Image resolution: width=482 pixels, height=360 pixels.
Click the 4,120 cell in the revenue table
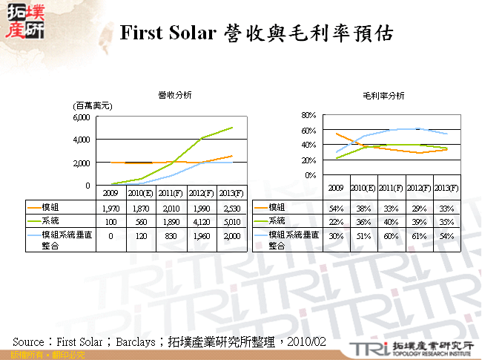(202, 220)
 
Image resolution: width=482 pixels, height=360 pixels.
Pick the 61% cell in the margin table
(420, 235)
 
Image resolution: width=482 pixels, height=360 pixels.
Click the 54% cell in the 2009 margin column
(335, 207)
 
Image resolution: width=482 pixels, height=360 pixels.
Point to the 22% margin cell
(335, 220)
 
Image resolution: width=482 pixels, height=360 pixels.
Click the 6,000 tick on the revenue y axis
(82, 117)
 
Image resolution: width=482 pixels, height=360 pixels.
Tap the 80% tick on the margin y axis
(309, 116)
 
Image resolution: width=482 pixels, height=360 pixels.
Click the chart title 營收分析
(175, 95)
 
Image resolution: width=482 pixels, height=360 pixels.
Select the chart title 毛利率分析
(383, 96)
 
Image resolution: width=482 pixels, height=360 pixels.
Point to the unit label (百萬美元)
(91, 106)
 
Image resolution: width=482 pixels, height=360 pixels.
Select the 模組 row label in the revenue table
(50, 207)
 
